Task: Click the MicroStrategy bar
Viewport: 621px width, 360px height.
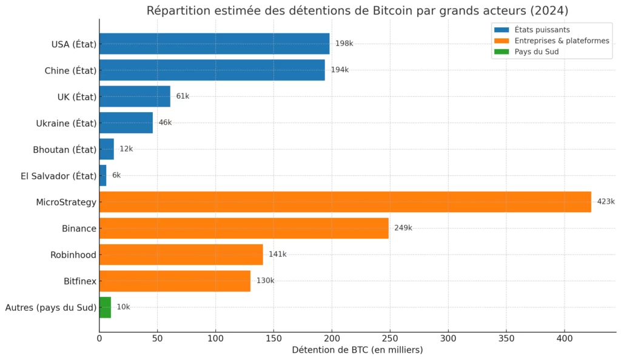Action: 344,202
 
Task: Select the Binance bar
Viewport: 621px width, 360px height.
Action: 243,228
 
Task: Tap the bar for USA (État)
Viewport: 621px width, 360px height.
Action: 214,44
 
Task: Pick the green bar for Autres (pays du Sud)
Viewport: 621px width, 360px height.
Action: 105,307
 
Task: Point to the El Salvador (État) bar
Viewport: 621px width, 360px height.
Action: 102,175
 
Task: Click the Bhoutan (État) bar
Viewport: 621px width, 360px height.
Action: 106,149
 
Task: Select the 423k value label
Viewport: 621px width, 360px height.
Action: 605,202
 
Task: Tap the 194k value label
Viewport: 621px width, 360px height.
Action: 340,70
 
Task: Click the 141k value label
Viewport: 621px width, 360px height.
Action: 277,255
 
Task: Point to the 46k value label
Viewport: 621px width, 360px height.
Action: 165,122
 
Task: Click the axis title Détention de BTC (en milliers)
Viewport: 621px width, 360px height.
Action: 357,350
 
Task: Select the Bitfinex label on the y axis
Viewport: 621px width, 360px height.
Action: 80,281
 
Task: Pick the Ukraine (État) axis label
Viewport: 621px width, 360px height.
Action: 66,123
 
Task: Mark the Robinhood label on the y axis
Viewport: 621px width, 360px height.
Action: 73,255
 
